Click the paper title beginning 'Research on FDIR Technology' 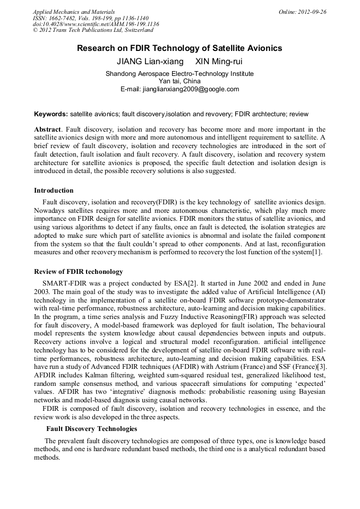tap(179, 48)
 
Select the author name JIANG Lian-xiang tap(150, 62)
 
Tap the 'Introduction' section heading tap(54, 191)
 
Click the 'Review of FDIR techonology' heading tap(78, 272)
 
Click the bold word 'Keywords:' tap(51, 114)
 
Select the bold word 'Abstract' tap(47, 130)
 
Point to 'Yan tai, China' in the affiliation tap(179, 81)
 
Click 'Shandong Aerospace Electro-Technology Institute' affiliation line tap(179, 74)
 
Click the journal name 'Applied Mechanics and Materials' tap(74, 12)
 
